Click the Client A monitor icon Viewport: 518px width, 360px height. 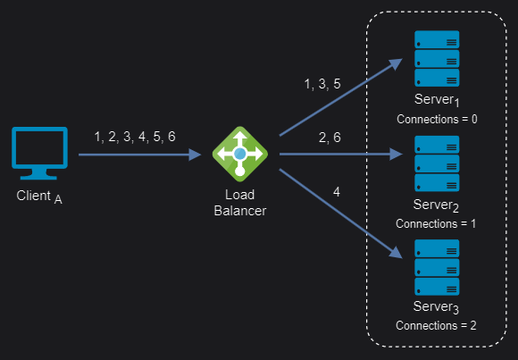39,153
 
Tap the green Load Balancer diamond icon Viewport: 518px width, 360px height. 240,154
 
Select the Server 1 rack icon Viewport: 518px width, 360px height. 437,59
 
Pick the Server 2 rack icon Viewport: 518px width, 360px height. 437,163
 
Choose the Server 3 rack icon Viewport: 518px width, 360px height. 437,267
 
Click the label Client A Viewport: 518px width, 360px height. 39,197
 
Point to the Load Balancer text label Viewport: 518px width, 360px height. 240,203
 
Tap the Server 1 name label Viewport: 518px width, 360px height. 437,100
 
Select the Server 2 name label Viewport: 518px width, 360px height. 436,205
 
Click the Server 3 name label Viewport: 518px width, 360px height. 436,307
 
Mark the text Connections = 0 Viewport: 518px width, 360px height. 437,120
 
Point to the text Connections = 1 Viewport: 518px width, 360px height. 436,224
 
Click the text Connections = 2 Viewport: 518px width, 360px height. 436,326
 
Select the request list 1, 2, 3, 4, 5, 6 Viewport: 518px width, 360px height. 135,137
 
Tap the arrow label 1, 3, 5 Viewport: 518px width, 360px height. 322,84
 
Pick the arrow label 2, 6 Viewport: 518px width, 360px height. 330,138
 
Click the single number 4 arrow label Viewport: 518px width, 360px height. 337,192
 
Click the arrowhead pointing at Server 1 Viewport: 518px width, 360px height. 396,63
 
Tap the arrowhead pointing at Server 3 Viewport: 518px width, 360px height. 396,253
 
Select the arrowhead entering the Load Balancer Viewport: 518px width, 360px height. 195,155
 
